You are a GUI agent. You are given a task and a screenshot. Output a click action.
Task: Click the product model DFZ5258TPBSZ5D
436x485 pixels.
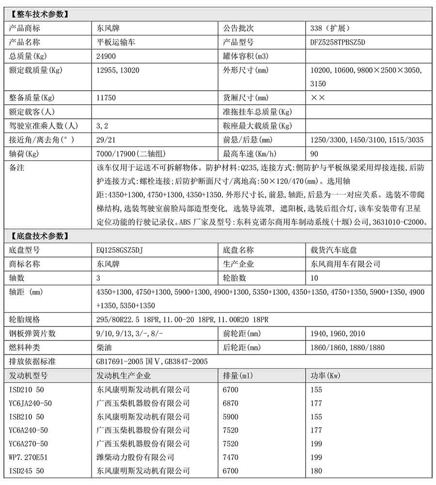(x=338, y=42)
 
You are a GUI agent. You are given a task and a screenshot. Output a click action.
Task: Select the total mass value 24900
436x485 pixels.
(x=106, y=56)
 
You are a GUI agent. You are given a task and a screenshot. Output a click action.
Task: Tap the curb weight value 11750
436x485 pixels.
(x=106, y=97)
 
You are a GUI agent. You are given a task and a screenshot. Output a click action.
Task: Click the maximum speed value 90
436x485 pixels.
(x=314, y=154)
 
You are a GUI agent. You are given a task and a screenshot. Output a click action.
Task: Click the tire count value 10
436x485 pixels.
(x=314, y=278)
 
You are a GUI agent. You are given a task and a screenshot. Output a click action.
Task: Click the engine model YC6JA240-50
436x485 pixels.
(x=31, y=403)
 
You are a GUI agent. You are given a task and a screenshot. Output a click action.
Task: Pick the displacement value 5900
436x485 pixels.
(x=230, y=417)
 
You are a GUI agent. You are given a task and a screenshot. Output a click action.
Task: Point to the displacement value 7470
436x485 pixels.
(x=230, y=457)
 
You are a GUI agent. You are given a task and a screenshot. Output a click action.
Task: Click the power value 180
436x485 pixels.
(x=316, y=471)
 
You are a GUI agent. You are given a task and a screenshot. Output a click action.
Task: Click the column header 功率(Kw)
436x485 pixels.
(x=327, y=375)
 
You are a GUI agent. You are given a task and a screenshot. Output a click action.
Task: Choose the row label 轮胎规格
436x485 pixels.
(x=25, y=320)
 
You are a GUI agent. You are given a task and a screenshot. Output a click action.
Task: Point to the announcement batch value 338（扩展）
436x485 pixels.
(x=330, y=28)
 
